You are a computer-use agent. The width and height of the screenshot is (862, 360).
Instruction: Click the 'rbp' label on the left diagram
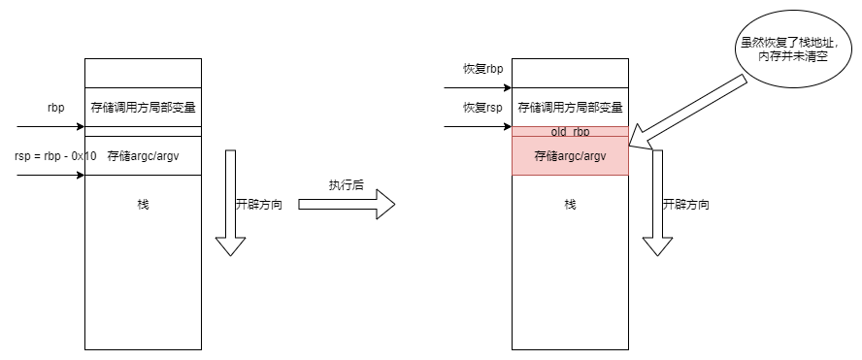tap(56, 108)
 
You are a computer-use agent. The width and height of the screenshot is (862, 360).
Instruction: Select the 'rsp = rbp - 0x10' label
tap(56, 155)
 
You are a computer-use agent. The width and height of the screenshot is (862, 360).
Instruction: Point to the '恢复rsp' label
tap(482, 107)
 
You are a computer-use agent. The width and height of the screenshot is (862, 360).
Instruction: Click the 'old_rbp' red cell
tap(570, 131)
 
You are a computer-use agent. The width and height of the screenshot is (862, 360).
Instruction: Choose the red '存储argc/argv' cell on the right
tap(570, 155)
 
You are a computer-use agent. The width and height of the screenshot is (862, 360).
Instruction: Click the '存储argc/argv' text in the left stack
tap(143, 155)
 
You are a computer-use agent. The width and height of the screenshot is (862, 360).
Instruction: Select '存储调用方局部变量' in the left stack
tap(143, 108)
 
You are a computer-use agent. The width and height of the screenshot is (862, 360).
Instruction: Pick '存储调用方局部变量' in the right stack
tap(570, 108)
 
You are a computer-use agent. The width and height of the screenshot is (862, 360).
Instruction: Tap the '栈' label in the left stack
tap(143, 205)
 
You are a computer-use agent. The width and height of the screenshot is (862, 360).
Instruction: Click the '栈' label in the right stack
tap(570, 205)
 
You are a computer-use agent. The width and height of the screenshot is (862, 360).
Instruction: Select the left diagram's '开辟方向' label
tap(259, 206)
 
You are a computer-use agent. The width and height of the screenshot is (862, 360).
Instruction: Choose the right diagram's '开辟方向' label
tap(686, 206)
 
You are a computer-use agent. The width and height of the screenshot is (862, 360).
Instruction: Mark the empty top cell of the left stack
tap(143, 73)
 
